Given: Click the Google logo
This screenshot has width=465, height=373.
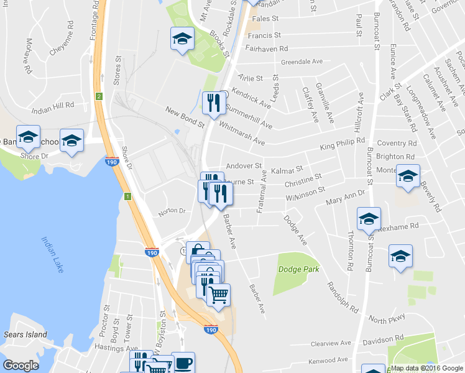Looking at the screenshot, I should (x=21, y=366).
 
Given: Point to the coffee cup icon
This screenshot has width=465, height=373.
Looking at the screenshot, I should (x=183, y=363).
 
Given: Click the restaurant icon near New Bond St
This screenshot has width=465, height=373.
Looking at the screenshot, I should (x=213, y=103).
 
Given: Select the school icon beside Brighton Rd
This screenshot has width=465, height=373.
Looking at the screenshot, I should (x=408, y=176).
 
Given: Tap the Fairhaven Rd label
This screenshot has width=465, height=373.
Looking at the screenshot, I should (x=266, y=48).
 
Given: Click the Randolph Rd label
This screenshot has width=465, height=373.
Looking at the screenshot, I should (x=343, y=298).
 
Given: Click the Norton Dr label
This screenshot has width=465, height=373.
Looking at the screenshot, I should (x=172, y=211).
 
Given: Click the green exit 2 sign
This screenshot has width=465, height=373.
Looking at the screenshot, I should (x=98, y=96).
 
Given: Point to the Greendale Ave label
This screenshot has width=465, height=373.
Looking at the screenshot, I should (x=302, y=62).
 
